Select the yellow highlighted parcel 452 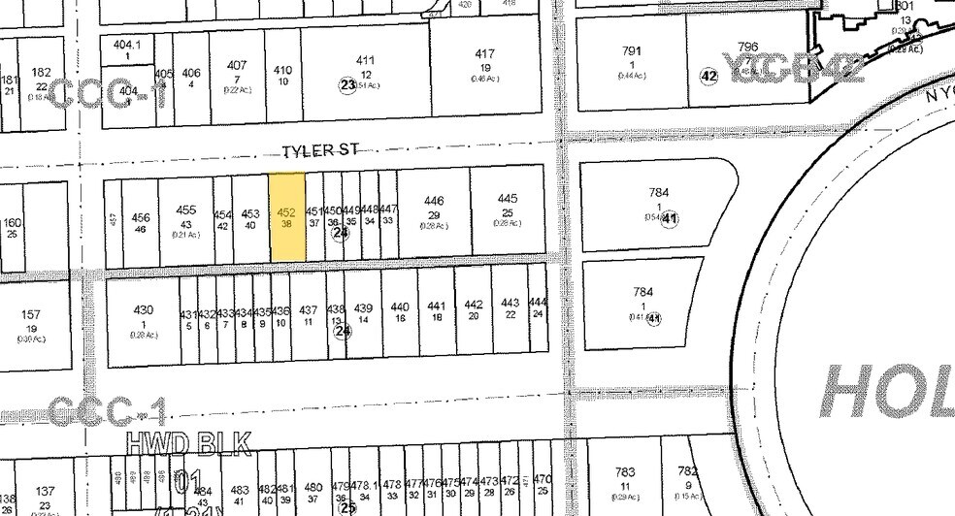click(286, 216)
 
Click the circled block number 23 click(348, 85)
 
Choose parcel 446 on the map click(434, 207)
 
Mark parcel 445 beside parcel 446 click(506, 206)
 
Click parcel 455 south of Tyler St click(186, 216)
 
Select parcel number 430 click(144, 316)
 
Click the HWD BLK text click(190, 445)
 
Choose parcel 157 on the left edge click(31, 320)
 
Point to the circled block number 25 click(348, 505)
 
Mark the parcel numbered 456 click(141, 222)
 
